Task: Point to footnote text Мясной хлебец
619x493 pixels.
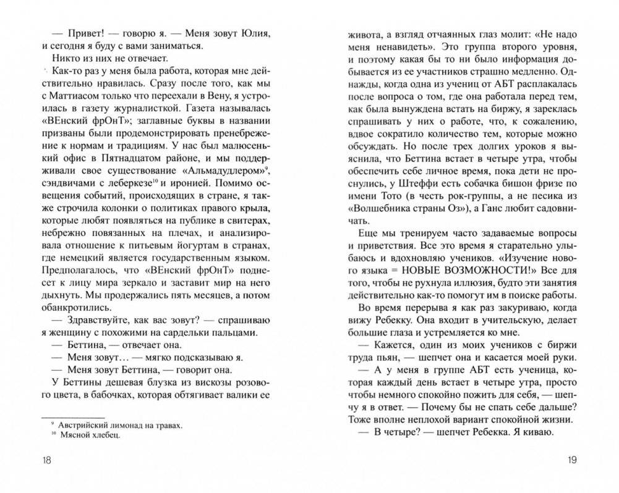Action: pos(96,436)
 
